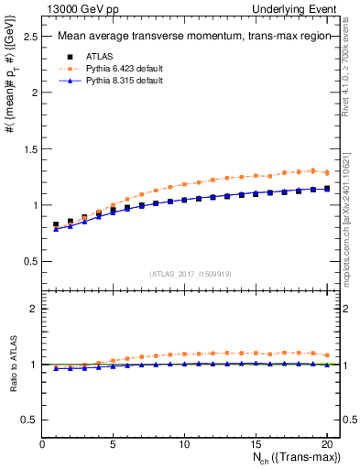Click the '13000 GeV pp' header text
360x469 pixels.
tap(73, 8)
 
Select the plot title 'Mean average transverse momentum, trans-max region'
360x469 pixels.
tap(188, 38)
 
